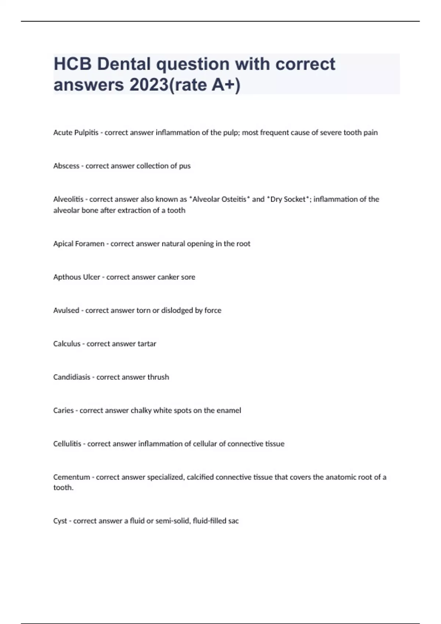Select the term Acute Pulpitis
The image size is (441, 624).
click(76, 133)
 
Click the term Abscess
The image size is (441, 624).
click(66, 166)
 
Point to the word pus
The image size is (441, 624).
click(184, 166)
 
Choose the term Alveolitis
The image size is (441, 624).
click(68, 199)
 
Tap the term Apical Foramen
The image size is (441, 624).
click(79, 244)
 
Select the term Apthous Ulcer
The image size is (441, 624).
click(76, 277)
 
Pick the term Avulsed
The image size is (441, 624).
click(66, 311)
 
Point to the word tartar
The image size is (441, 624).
click(147, 344)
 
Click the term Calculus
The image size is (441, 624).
click(67, 344)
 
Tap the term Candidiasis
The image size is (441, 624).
click(72, 377)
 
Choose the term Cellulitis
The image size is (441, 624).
click(67, 444)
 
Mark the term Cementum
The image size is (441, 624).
click(71, 477)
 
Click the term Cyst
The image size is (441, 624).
click(60, 521)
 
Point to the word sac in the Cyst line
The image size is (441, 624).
click(233, 521)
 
